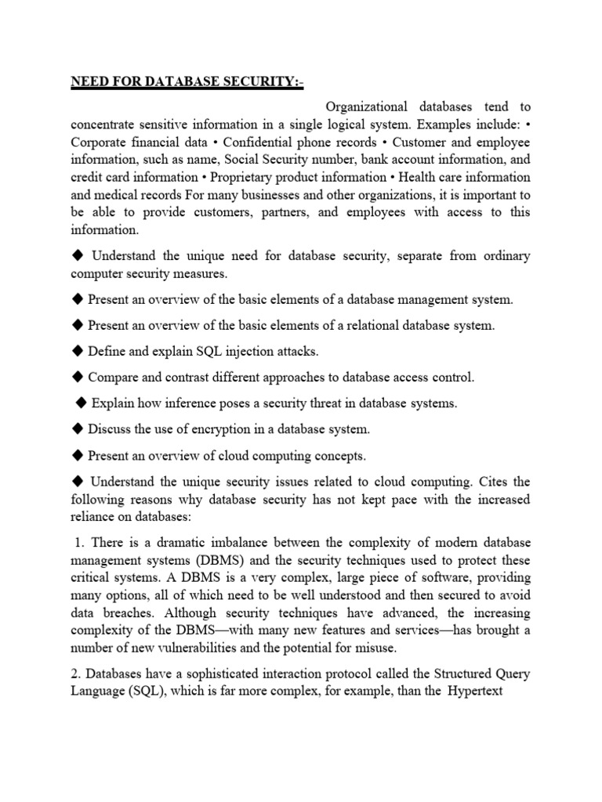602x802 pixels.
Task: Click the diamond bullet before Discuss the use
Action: tap(77, 429)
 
